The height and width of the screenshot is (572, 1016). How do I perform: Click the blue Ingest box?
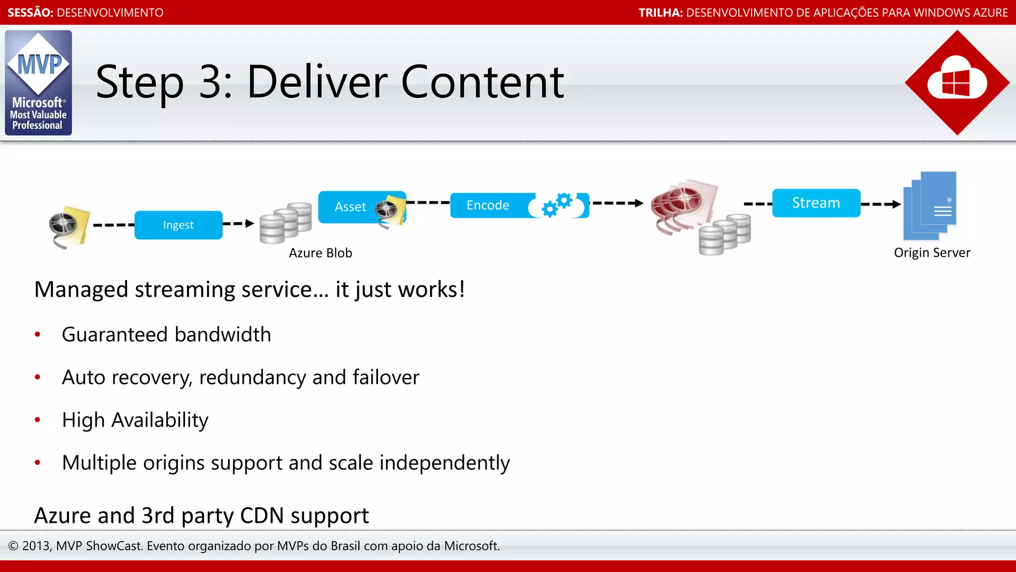coord(178,225)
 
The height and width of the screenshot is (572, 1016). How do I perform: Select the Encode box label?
coord(488,205)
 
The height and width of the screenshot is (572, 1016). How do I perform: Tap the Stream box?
coord(816,203)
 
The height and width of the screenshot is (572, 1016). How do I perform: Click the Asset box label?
coord(350,207)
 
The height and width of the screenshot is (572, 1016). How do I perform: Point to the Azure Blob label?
coord(320,253)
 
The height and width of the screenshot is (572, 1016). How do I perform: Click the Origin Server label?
coord(932,253)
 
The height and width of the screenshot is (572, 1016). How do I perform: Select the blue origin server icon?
coord(931,206)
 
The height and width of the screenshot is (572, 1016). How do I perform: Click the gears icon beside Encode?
coord(557,205)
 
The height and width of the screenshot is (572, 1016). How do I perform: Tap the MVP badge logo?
coord(38,83)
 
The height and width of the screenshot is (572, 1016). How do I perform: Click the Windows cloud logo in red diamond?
coord(957,82)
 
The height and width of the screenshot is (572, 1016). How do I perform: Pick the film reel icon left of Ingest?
coord(68,226)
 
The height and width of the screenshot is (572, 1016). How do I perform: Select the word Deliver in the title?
coord(317,82)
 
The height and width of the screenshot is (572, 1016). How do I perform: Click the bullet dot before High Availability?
coord(38,420)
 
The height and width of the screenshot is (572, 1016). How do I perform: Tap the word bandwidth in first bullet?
coord(223,335)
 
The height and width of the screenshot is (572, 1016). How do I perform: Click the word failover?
coord(386,377)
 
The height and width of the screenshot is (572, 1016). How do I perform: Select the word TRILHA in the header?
coord(660,12)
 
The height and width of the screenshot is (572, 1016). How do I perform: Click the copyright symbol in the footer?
coord(13,546)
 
